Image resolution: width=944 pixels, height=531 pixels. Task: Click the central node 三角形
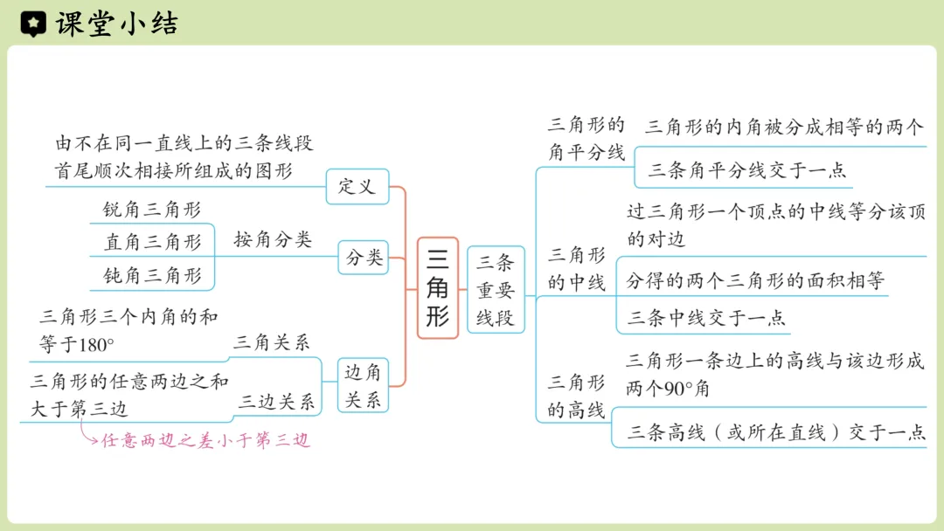tap(437, 287)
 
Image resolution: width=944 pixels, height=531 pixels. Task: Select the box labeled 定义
tap(357, 186)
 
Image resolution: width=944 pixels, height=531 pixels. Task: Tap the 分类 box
tap(363, 258)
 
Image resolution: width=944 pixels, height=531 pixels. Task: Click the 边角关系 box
tap(363, 385)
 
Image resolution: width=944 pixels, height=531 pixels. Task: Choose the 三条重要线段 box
tap(496, 289)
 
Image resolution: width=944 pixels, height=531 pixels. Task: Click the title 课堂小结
tap(116, 24)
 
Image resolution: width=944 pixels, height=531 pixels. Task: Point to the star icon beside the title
tap(32, 24)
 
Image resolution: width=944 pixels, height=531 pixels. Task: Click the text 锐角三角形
tap(152, 210)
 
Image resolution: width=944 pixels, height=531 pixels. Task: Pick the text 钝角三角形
tap(152, 276)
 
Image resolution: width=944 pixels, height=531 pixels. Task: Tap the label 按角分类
tap(273, 240)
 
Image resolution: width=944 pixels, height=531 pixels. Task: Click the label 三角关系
tap(271, 343)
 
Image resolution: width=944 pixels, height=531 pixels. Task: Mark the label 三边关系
tap(276, 402)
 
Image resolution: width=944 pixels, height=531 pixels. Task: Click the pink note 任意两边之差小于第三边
tap(206, 441)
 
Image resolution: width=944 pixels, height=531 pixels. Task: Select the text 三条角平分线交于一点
tap(747, 170)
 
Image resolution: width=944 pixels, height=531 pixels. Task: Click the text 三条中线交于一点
tap(706, 318)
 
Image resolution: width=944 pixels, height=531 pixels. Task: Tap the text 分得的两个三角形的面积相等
tap(755, 280)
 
